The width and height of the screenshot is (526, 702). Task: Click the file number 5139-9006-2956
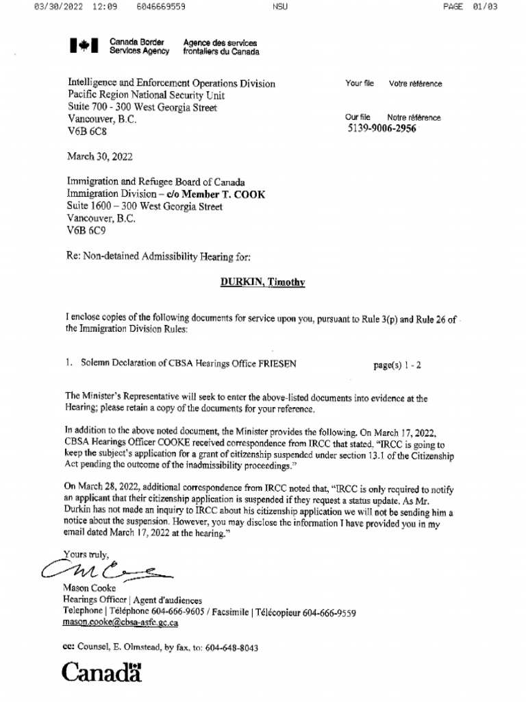[381, 128]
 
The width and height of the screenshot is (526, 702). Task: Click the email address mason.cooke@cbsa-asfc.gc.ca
[120, 623]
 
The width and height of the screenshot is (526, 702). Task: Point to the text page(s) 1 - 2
[397, 365]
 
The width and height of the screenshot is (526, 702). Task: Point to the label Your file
[360, 84]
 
